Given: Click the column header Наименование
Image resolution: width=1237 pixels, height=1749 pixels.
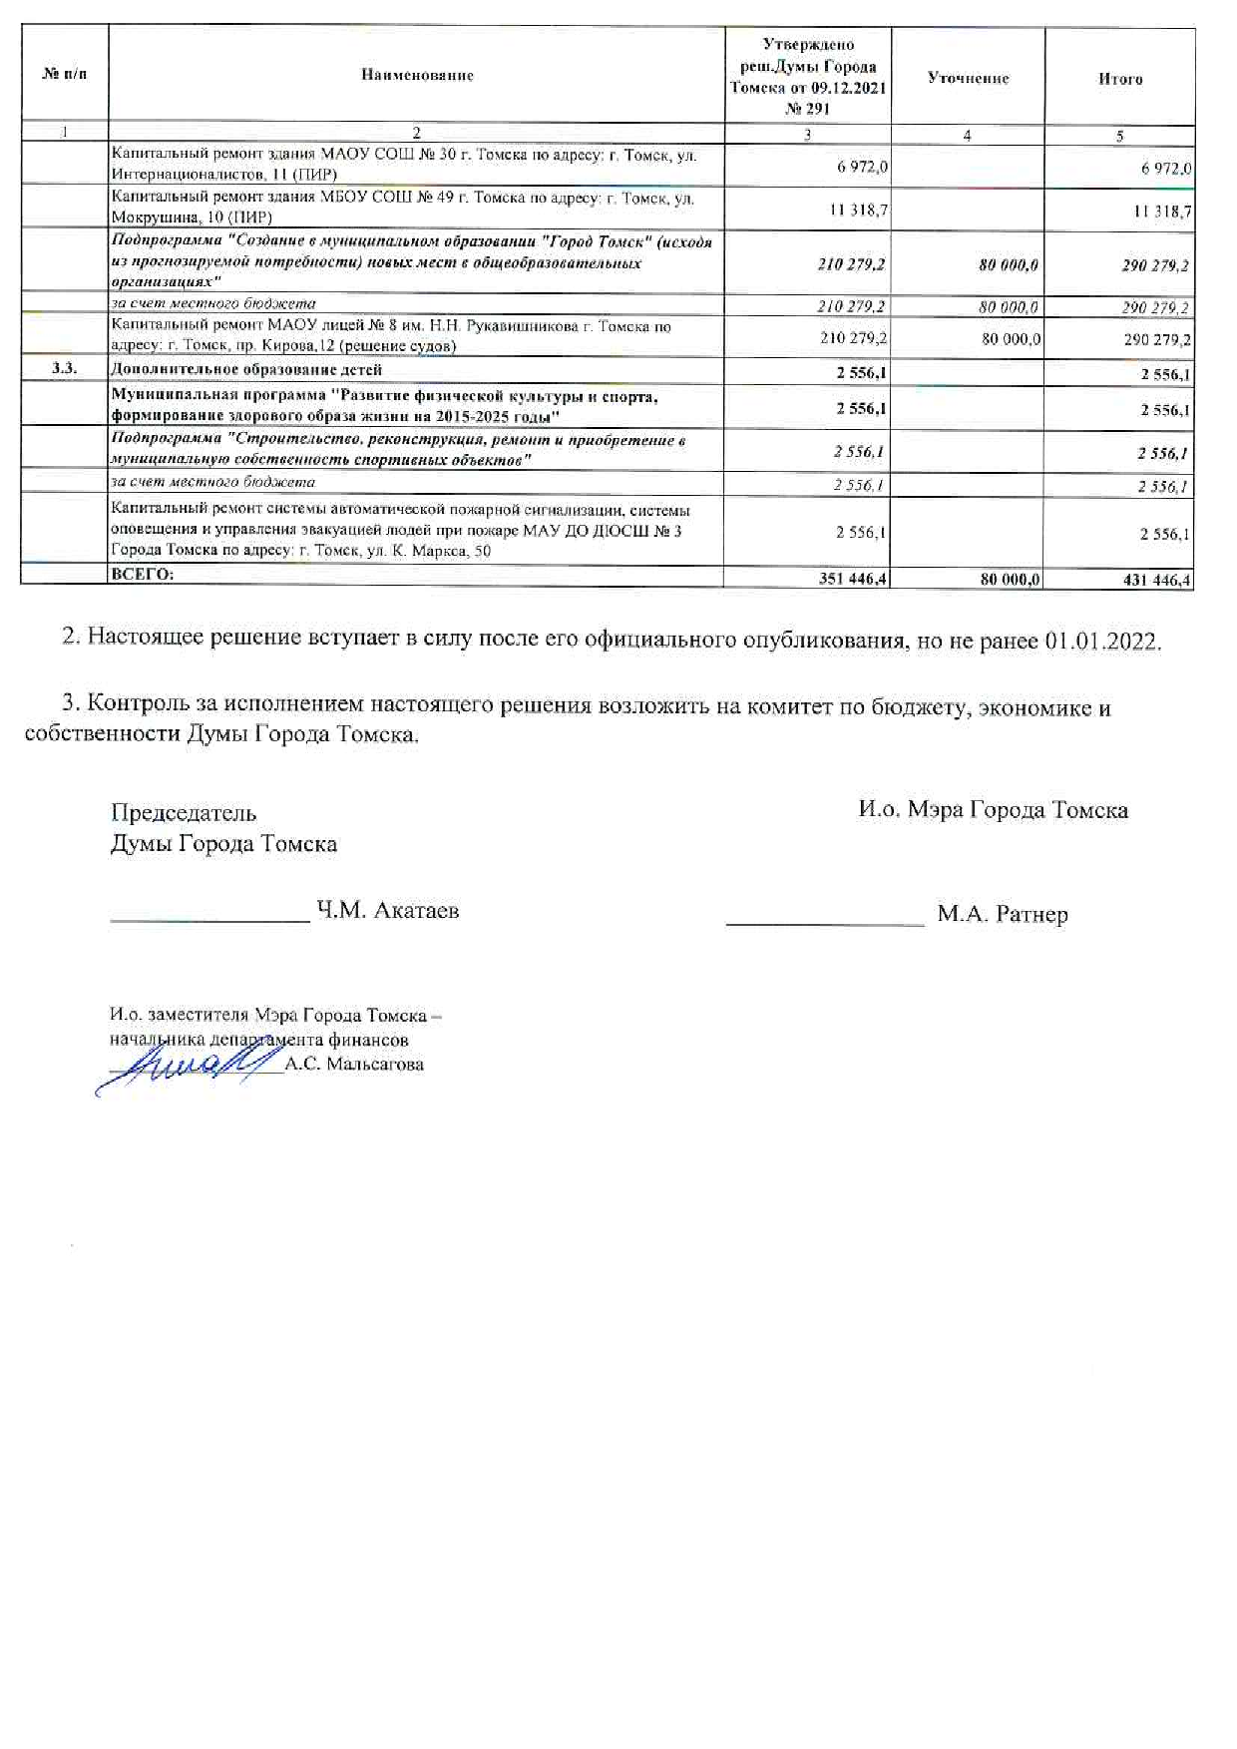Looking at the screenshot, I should pos(417,75).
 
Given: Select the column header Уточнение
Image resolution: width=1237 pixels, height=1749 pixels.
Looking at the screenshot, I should pos(968,78).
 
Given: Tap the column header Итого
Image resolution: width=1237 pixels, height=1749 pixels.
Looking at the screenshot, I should pos(1119,79).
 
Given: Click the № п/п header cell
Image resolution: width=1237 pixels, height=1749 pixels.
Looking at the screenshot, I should pos(65,75).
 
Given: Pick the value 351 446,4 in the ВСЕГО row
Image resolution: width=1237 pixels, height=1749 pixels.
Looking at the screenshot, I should pos(854,579).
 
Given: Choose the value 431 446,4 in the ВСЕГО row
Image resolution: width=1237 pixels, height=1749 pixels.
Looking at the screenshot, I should pos(1156,580).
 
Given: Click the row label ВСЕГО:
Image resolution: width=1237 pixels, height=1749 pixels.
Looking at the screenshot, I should pos(143,574).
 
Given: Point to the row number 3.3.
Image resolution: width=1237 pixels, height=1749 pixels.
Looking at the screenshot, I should pos(65,369).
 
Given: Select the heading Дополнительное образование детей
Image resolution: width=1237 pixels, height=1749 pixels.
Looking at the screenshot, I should pos(246,370).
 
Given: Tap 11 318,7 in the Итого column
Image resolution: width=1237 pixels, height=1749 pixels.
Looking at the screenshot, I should pos(1162,212).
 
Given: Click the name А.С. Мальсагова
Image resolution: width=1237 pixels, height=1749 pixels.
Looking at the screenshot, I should pos(354,1065).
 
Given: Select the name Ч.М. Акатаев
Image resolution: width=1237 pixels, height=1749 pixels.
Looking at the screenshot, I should pos(387,910).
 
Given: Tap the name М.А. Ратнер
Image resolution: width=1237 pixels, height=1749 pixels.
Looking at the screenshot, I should pos(1002,914).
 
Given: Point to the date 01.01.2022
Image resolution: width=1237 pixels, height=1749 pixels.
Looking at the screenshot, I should pos(1102,641).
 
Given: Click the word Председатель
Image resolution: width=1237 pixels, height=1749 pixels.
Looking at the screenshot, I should pos(184,813).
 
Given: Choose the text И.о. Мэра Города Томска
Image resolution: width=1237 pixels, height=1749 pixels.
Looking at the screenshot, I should pos(993,809).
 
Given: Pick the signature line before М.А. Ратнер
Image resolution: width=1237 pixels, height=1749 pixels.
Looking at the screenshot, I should pos(825,923).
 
